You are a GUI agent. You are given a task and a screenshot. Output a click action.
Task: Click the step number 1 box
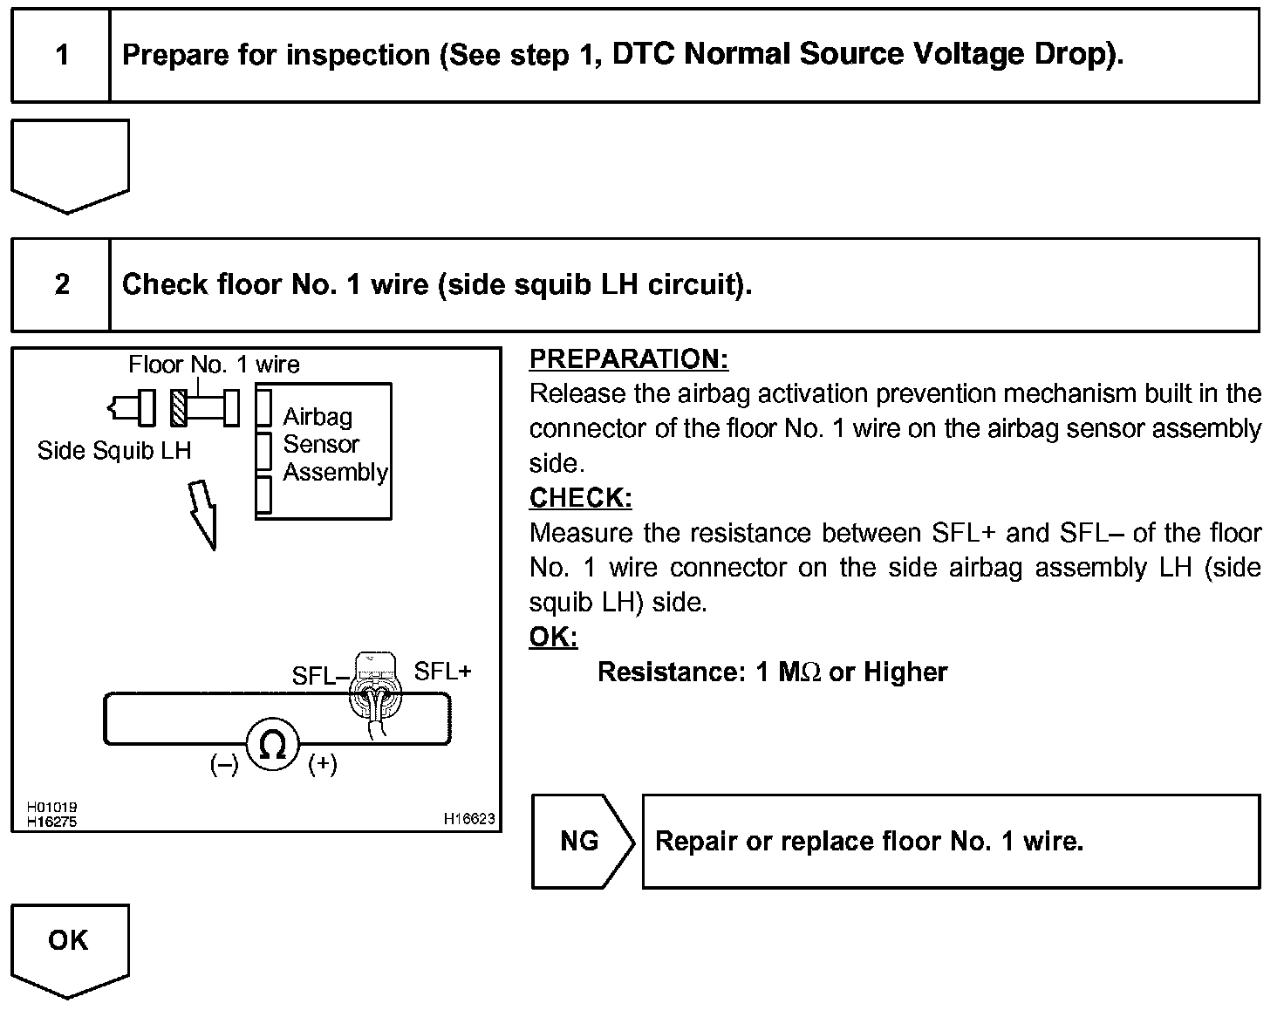click(x=61, y=56)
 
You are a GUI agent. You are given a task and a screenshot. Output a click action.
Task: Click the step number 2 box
click(x=61, y=284)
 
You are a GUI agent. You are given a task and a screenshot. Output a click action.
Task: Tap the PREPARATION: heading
click(x=628, y=359)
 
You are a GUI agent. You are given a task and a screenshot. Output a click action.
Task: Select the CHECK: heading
click(x=580, y=498)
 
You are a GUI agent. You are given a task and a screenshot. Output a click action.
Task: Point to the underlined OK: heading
click(x=553, y=638)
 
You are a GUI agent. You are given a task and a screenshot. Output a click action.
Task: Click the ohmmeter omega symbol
click(x=273, y=746)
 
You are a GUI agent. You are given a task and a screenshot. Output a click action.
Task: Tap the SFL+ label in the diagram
click(x=442, y=672)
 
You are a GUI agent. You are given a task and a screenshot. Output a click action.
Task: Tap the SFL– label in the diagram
click(x=320, y=676)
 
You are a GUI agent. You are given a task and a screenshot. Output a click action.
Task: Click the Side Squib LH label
click(x=114, y=451)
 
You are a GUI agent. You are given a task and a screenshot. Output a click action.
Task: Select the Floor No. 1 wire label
click(x=214, y=365)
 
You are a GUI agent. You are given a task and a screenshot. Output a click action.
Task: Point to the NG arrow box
click(x=581, y=842)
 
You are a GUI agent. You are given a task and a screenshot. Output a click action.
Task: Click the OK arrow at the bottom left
click(x=69, y=946)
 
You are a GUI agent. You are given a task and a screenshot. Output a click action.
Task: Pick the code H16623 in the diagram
click(x=469, y=818)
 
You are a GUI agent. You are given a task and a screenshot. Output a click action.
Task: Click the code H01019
click(x=51, y=808)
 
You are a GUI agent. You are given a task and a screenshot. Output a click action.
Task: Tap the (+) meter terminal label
click(x=323, y=765)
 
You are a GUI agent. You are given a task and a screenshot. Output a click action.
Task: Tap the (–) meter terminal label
click(x=224, y=765)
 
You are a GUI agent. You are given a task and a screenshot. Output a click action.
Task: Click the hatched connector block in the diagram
click(x=179, y=407)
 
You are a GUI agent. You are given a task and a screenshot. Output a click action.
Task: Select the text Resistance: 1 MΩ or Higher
click(x=772, y=672)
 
